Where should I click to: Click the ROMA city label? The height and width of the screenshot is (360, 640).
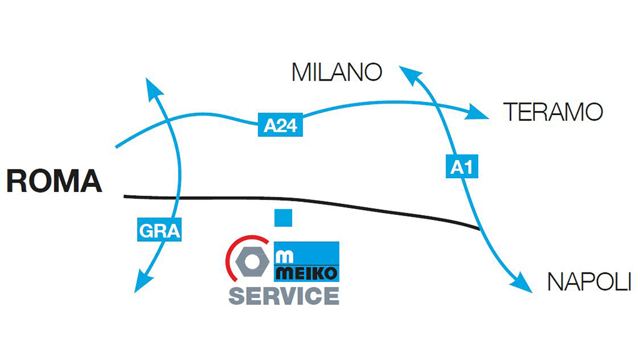coord(54,181)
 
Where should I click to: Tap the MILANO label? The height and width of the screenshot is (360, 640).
coord(336,72)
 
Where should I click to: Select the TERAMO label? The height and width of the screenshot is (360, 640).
coord(553,112)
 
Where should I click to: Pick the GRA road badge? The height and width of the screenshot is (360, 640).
coord(159,231)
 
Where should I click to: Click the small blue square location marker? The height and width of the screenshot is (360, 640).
coord(284,217)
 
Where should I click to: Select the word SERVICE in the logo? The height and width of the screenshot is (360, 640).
coord(284,295)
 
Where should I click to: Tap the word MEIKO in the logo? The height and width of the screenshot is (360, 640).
coord(307,274)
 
